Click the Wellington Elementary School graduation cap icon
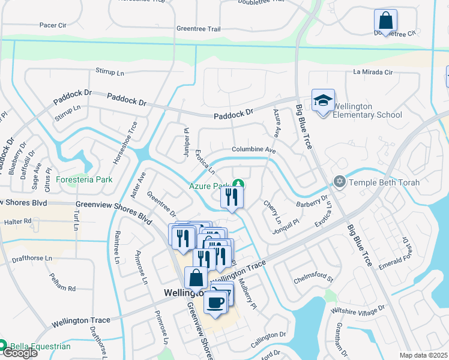click(323, 100)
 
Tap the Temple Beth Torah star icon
click(340, 181)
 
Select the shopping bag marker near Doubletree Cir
click(385, 20)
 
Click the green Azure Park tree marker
click(238, 184)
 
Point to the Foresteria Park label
click(84, 179)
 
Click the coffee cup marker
click(215, 302)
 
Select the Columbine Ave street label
click(253, 150)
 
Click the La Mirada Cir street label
click(372, 73)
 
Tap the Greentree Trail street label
click(199, 29)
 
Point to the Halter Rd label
click(17, 221)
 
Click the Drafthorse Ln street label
click(31, 259)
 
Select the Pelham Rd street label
click(62, 289)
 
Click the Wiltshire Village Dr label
click(358, 310)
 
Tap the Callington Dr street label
click(269, 335)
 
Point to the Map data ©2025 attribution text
click(423, 355)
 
